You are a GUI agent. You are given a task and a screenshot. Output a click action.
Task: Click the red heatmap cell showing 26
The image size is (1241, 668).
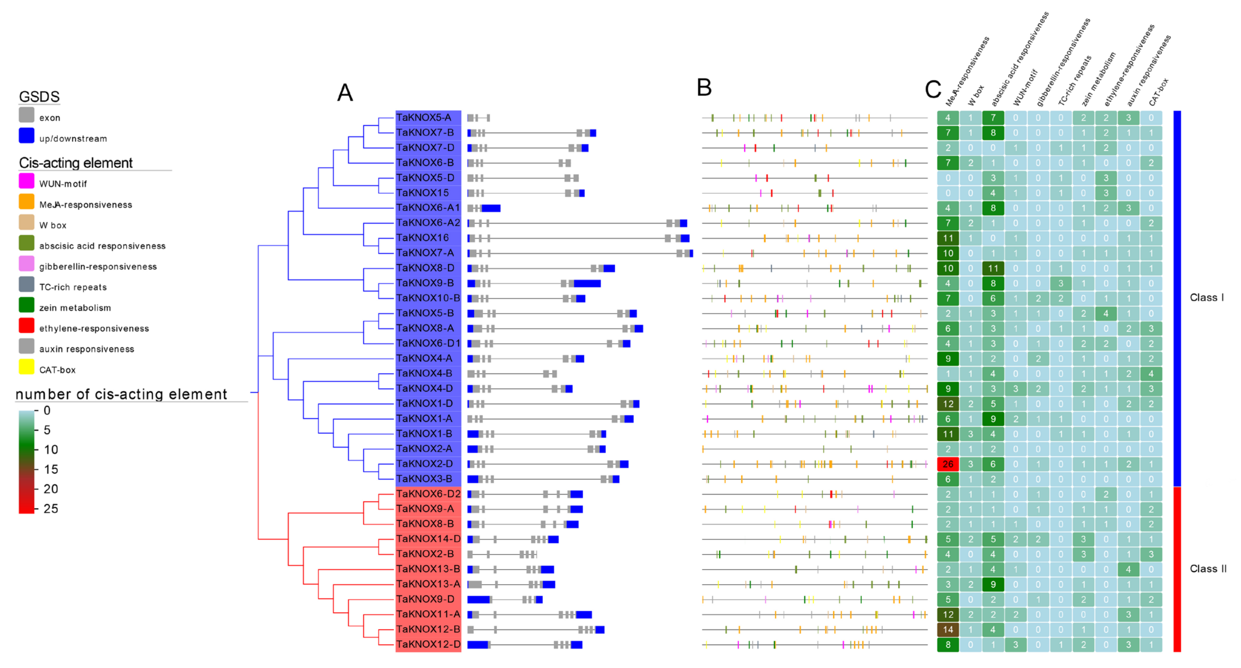pyautogui.click(x=948, y=464)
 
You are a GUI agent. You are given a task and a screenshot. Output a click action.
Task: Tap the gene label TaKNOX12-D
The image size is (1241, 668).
pyautogui.click(x=428, y=644)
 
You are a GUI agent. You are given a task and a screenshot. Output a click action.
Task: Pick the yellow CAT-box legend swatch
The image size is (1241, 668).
pyautogui.click(x=26, y=367)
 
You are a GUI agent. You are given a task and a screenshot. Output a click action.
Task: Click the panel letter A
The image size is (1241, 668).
pyautogui.click(x=345, y=93)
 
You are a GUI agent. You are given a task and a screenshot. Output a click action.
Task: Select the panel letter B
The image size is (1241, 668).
pyautogui.click(x=704, y=88)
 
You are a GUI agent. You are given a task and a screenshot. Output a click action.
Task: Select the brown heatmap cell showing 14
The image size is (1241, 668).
pyautogui.click(x=948, y=630)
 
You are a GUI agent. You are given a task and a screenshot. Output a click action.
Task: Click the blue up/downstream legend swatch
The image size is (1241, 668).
pyautogui.click(x=26, y=136)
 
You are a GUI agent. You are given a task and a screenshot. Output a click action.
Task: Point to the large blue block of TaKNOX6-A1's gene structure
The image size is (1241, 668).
pyautogui.click(x=491, y=208)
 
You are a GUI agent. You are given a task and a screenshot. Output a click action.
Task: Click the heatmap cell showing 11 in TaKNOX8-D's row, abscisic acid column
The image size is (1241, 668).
pyautogui.click(x=993, y=268)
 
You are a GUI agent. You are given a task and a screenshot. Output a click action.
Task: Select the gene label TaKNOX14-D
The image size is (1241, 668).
pyautogui.click(x=428, y=539)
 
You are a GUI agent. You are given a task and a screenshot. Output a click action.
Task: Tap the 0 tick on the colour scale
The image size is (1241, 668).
pyautogui.click(x=47, y=410)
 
